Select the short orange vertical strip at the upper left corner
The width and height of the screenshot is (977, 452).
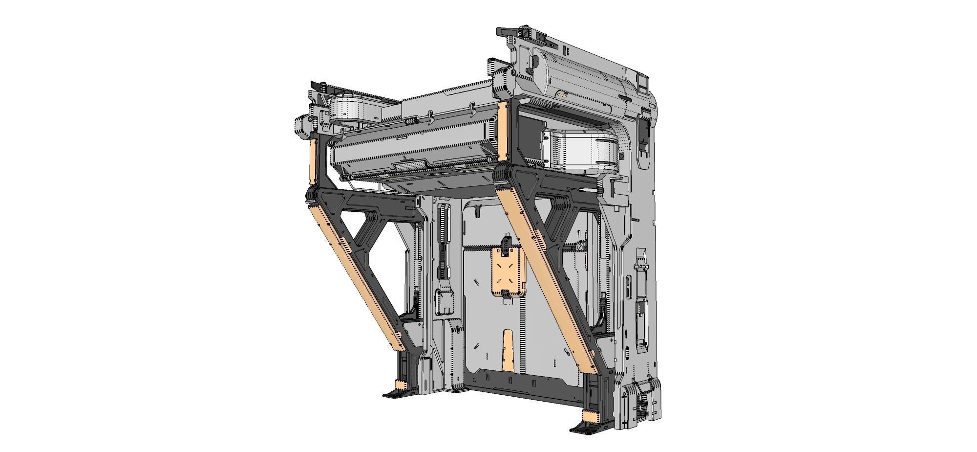[x=313, y=161]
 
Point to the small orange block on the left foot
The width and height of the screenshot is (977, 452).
[x=401, y=385]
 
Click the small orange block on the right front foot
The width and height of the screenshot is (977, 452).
[x=591, y=417]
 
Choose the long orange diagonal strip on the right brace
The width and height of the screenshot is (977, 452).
[x=547, y=279]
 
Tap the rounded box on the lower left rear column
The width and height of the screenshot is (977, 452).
[x=445, y=301]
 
